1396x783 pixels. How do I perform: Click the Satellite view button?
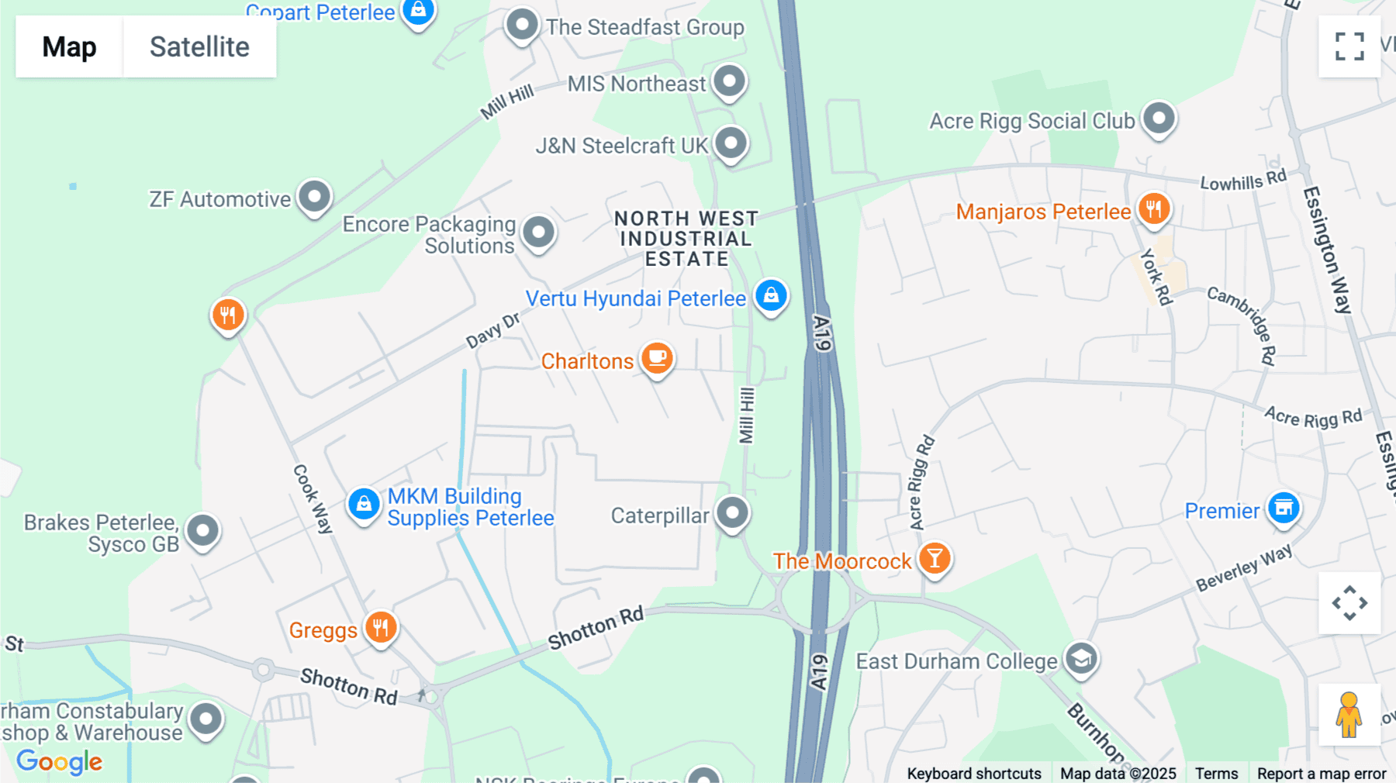pyautogui.click(x=199, y=47)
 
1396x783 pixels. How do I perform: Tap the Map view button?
pyautogui.click(x=69, y=47)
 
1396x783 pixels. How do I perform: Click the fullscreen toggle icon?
pyautogui.click(x=1349, y=47)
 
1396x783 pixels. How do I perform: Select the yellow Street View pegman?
pyautogui.click(x=1349, y=715)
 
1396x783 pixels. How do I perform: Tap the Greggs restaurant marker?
pyautogui.click(x=380, y=627)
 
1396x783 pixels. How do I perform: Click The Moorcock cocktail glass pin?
pyautogui.click(x=935, y=558)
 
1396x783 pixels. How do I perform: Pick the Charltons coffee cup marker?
pyautogui.click(x=657, y=358)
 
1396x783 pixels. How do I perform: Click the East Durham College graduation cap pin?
pyautogui.click(x=1081, y=659)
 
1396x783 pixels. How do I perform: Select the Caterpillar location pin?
pyautogui.click(x=732, y=512)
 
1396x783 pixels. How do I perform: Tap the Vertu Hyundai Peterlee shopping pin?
pyautogui.click(x=771, y=295)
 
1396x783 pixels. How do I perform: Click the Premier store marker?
pyautogui.click(x=1284, y=509)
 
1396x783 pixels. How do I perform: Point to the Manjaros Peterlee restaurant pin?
pyautogui.click(x=1154, y=209)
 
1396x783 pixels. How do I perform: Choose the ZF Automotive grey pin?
pyautogui.click(x=314, y=197)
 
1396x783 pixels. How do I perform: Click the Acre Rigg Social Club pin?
pyautogui.click(x=1159, y=119)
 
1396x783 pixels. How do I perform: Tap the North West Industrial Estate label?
pyautogui.click(x=686, y=239)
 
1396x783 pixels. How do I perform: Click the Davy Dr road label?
pyautogui.click(x=492, y=331)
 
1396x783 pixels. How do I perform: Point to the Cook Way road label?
pyautogui.click(x=313, y=498)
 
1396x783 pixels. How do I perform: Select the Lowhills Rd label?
pyautogui.click(x=1243, y=181)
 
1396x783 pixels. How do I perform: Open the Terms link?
pyautogui.click(x=1216, y=773)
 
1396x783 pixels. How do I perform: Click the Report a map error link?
pyautogui.click(x=1322, y=773)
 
